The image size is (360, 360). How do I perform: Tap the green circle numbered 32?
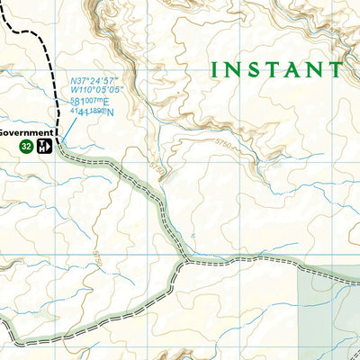pyautogui.click(x=27, y=147)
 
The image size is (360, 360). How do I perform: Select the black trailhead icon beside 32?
pyautogui.click(x=44, y=147)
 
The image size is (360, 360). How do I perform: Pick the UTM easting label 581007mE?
pyautogui.click(x=90, y=102)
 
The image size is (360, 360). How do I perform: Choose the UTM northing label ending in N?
pyautogui.click(x=91, y=112)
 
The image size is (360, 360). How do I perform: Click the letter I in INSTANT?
pyautogui.click(x=215, y=69)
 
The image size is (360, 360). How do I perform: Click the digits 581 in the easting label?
pyautogui.click(x=80, y=102)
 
